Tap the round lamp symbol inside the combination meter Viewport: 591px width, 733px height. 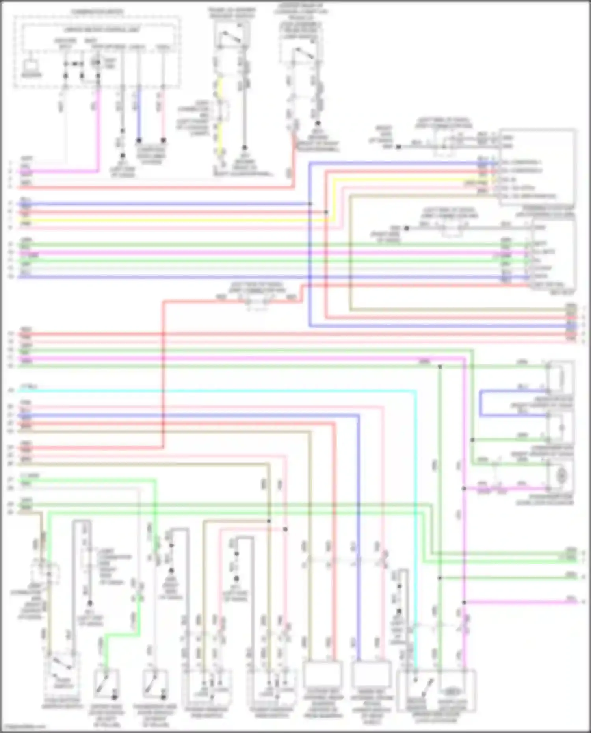[97, 63]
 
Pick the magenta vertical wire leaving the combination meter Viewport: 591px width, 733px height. [98, 130]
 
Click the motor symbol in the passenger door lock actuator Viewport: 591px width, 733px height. [560, 476]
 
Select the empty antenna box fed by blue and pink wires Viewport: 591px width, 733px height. [371, 674]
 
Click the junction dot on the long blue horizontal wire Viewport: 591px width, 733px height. [310, 204]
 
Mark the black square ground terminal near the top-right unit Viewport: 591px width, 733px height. [398, 147]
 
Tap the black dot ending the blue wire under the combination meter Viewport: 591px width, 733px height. [138, 140]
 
